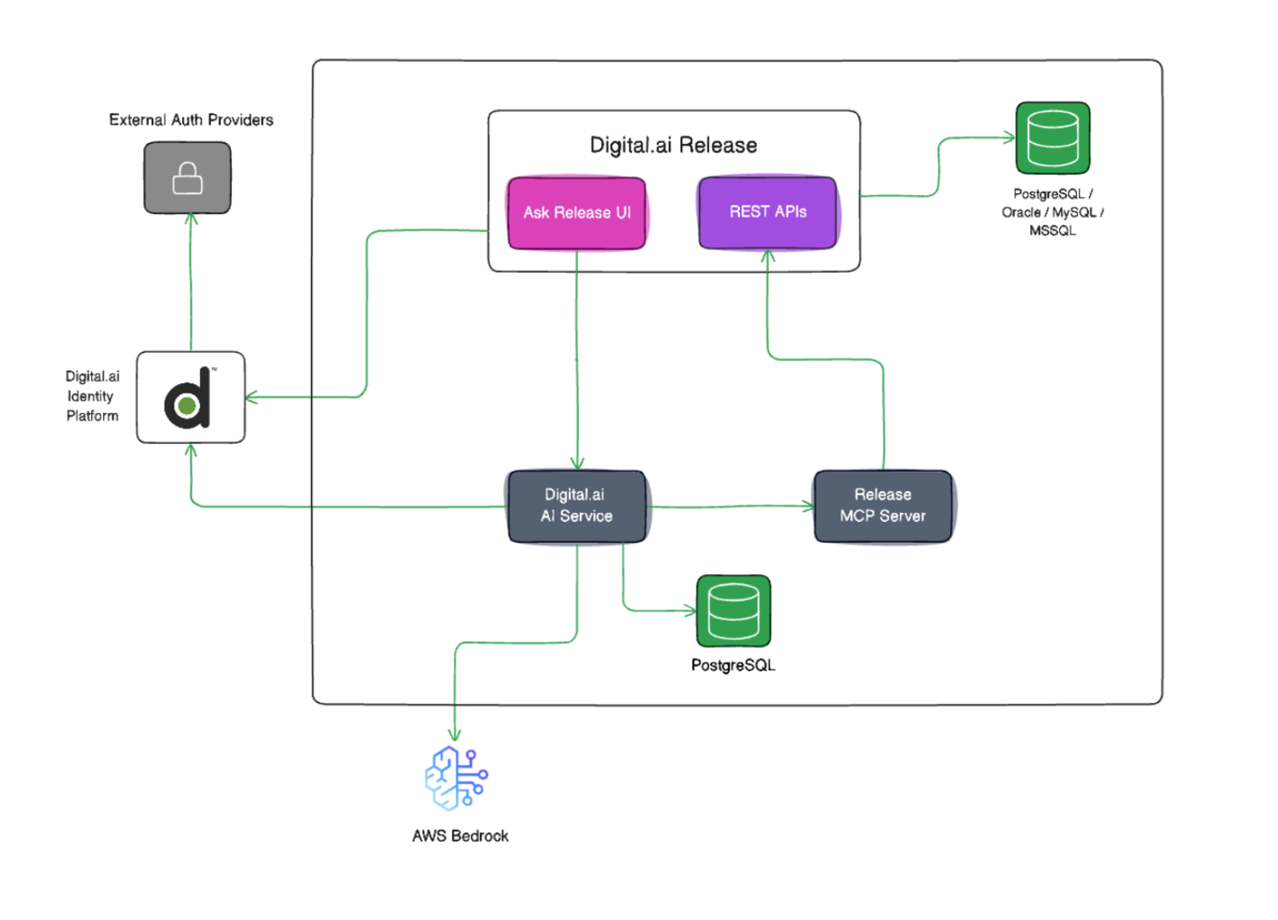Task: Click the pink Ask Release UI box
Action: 576,213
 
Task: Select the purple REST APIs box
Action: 767,212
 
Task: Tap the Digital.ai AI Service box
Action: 576,506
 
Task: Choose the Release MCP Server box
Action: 882,506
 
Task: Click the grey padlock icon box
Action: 187,178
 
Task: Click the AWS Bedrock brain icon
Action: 456,777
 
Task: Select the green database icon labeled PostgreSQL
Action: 733,612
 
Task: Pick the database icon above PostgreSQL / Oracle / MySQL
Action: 1052,139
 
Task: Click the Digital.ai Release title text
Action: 673,146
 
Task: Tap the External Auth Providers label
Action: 191,120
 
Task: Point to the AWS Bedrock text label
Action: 460,836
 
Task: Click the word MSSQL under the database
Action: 1052,231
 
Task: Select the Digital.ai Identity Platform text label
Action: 92,396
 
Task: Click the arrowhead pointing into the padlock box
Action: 191,219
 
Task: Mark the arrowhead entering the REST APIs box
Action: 767,256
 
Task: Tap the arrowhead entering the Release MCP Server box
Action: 808,506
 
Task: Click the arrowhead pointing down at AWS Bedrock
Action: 455,735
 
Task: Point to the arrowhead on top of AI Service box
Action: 577,464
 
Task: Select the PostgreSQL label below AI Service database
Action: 733,665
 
